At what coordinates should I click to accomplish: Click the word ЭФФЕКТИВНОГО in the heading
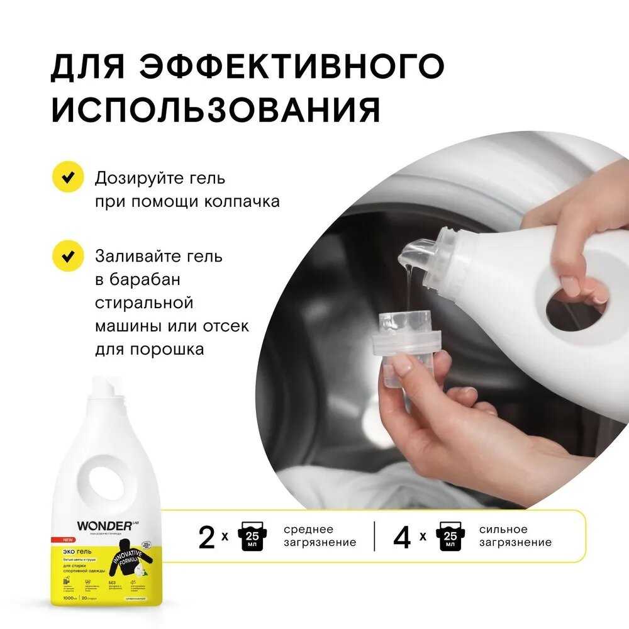pyautogui.click(x=291, y=66)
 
